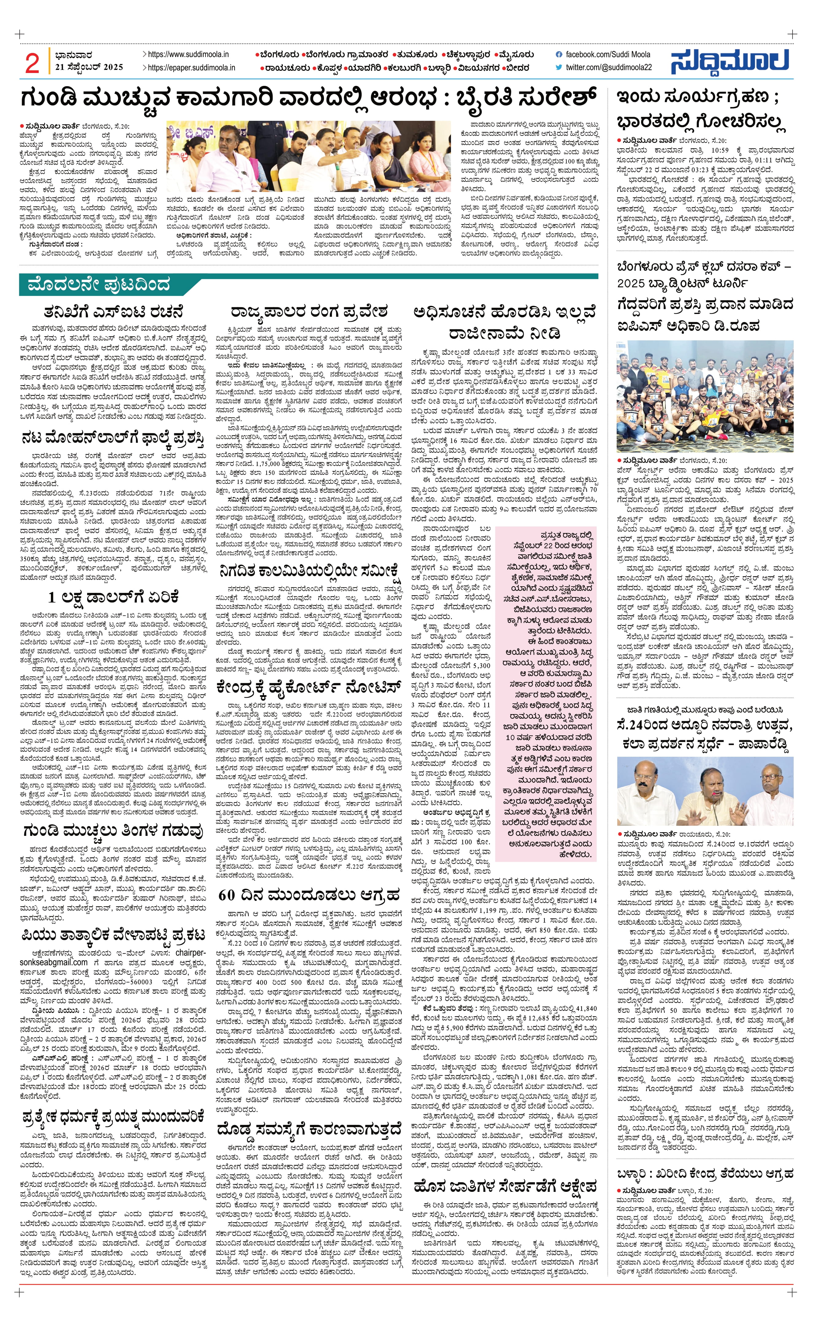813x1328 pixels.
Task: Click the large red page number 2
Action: pos(32,63)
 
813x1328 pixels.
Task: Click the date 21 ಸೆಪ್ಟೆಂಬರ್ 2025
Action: pos(89,67)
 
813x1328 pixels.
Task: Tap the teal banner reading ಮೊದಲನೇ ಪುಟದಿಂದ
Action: pos(97,284)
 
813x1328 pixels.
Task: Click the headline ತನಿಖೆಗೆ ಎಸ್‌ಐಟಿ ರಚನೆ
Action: pos(114,312)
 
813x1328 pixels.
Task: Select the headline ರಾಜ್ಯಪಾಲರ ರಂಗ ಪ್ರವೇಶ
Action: pos(309,312)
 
